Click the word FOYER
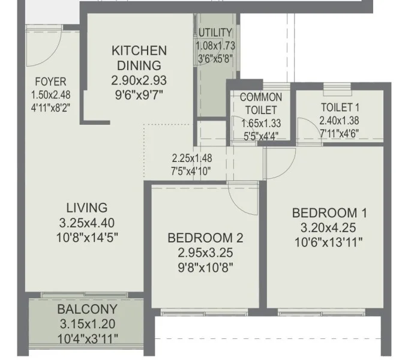pyautogui.click(x=50, y=82)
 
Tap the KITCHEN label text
pyautogui.click(x=139, y=50)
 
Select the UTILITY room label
pyautogui.click(x=215, y=32)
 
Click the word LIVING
pyautogui.click(x=87, y=208)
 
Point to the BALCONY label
pyautogui.click(x=88, y=309)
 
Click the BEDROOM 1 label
pyautogui.click(x=329, y=213)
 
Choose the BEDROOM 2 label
pyautogui.click(x=205, y=238)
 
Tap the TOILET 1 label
pyautogui.click(x=340, y=107)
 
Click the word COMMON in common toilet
pyautogui.click(x=261, y=97)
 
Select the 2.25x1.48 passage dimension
pyautogui.click(x=192, y=158)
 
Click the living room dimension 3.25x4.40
pyautogui.click(x=87, y=223)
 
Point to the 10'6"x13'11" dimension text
pyautogui.click(x=329, y=242)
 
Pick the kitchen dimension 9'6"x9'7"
pyautogui.click(x=139, y=95)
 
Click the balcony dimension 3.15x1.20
pyautogui.click(x=88, y=323)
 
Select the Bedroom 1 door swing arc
pyautogui.click(x=288, y=169)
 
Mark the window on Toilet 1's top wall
pyautogui.click(x=337, y=89)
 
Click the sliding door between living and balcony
pyautogui.click(x=85, y=295)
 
